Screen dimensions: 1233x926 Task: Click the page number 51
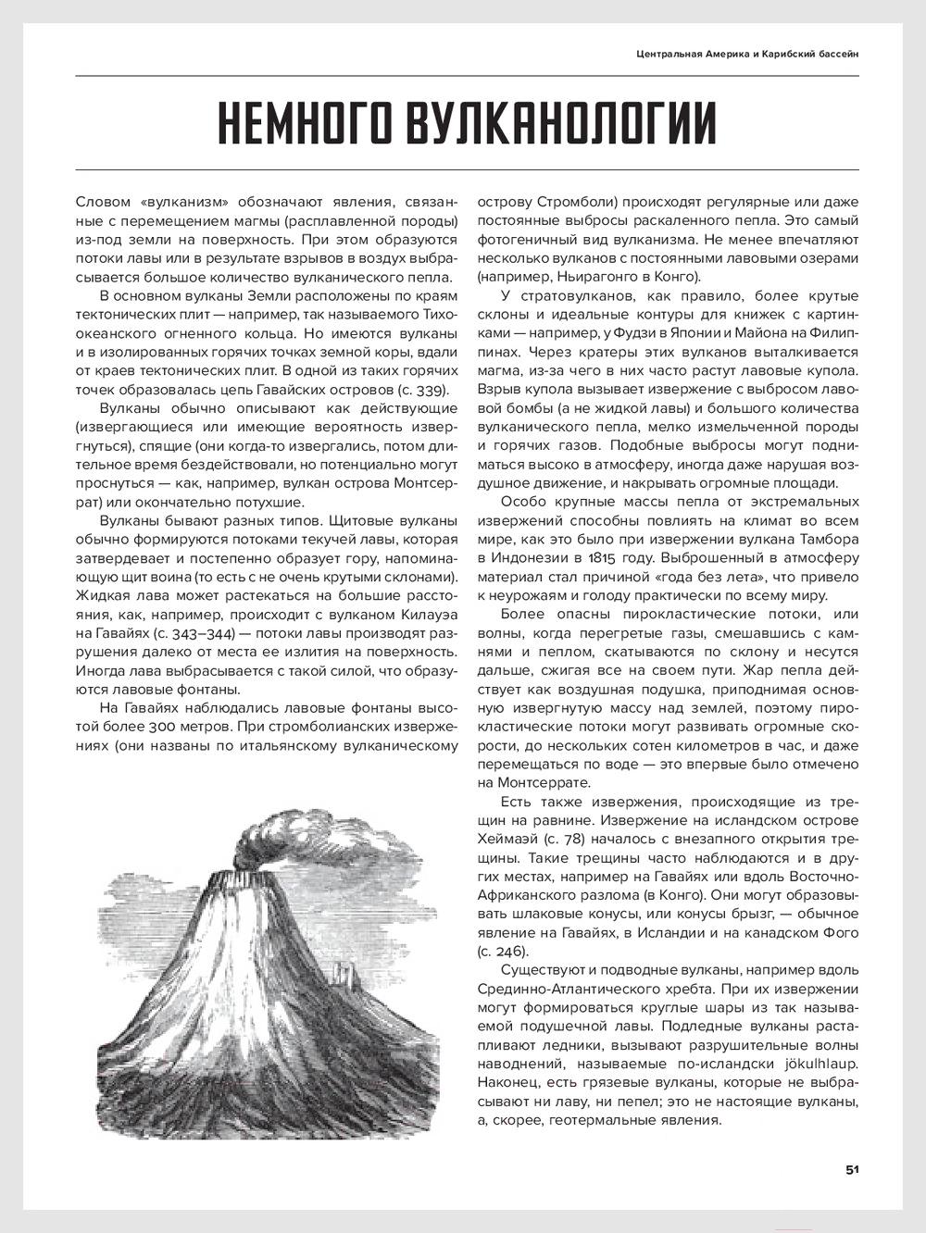point(852,1169)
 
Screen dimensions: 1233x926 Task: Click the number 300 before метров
point(301,727)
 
